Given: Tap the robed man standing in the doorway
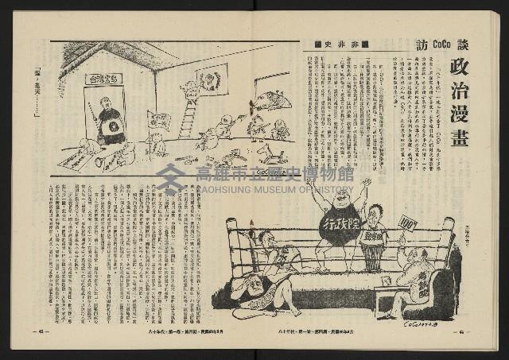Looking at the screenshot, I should (x=111, y=120).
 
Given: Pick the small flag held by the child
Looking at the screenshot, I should (x=158, y=120).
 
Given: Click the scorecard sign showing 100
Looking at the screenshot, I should (x=408, y=223).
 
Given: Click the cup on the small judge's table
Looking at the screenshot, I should (x=387, y=281).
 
